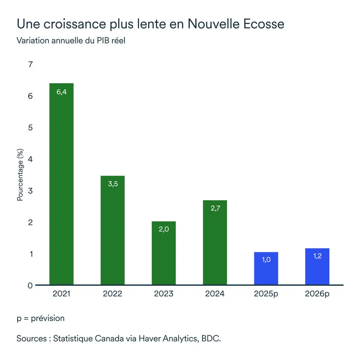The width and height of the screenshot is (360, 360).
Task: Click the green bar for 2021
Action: [61, 184]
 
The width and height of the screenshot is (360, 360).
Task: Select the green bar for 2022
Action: [112, 230]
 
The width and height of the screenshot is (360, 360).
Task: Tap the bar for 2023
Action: [164, 253]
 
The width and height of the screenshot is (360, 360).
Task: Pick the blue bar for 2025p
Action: [266, 268]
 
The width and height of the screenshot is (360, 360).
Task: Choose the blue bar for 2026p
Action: [317, 267]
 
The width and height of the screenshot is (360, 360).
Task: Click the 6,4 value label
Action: [61, 92]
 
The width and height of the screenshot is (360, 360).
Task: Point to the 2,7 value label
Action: [215, 208]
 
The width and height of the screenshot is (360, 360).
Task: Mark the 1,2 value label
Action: [317, 256]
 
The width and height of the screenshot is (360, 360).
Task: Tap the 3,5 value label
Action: [113, 184]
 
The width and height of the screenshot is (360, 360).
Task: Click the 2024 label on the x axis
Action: [215, 294]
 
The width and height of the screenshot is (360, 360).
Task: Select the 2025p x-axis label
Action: [266, 294]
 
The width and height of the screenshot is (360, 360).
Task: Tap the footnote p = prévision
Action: [40, 318]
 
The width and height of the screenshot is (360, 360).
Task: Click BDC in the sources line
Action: [211, 338]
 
